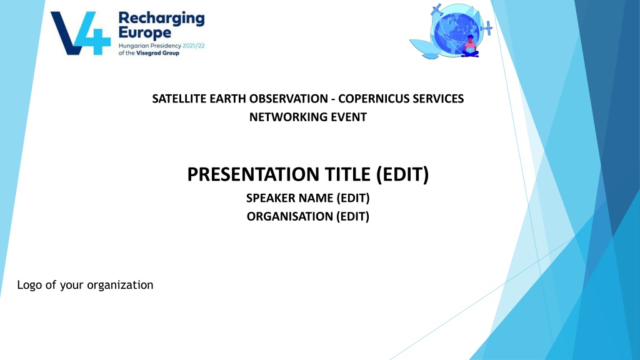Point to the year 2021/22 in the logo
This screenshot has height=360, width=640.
[194, 46]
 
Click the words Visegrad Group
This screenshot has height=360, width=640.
[157, 53]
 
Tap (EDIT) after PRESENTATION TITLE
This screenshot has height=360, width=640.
[402, 174]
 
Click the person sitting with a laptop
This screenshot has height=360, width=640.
[470, 46]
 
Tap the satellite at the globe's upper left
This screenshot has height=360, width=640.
[437, 9]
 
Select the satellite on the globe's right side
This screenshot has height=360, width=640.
[486, 28]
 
